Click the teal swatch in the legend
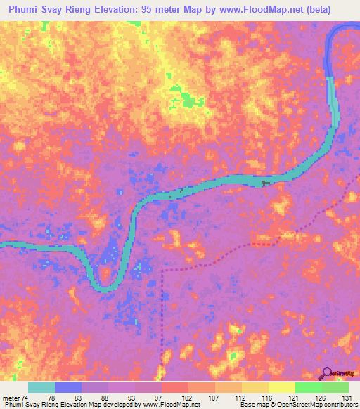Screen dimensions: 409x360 pyautogui.click(x=41, y=387)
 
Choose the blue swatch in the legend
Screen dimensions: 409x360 pyautogui.click(x=68, y=387)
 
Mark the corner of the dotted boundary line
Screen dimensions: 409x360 pyautogui.click(x=162, y=269)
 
